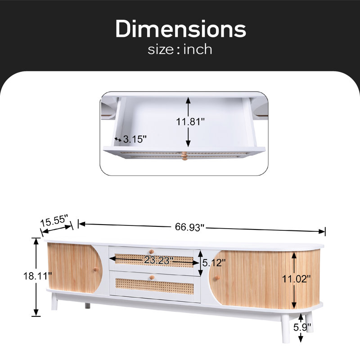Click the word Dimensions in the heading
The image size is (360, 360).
(180, 29)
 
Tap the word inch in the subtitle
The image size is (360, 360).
(198, 49)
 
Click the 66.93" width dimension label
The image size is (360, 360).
(189, 227)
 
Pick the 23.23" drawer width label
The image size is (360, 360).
(158, 261)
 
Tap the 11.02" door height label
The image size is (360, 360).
(296, 279)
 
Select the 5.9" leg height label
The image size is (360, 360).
(302, 327)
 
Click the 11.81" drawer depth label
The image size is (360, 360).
(190, 121)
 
